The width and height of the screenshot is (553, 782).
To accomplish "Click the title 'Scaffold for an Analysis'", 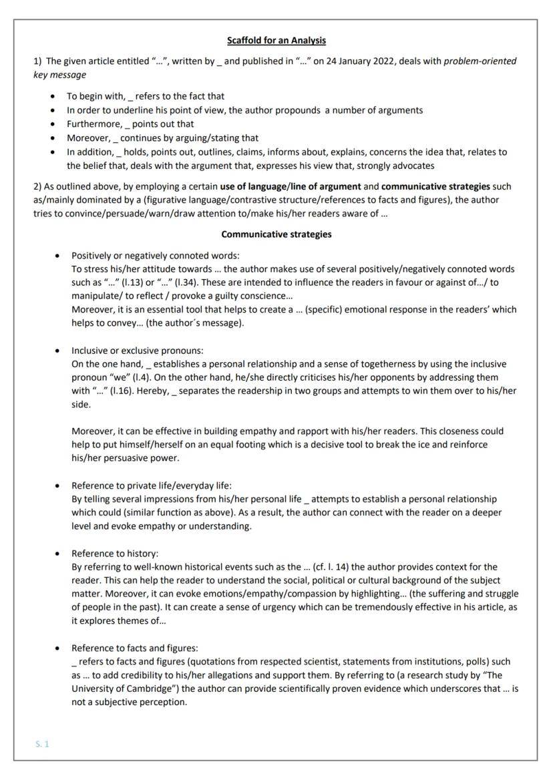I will [276, 41].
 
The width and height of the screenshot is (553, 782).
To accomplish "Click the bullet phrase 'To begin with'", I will [91, 96].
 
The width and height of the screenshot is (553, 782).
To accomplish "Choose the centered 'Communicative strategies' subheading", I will [276, 234].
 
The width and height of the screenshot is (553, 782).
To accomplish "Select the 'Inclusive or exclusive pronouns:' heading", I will [138, 351].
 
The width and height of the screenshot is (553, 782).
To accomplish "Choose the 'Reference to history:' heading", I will [115, 554].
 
